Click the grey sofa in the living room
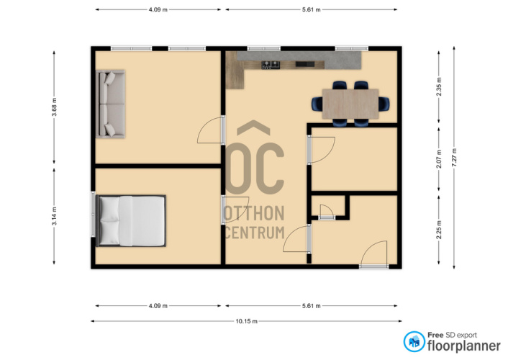[110, 104]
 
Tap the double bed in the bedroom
[131, 221]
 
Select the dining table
[350, 104]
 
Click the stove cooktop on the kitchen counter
[271, 65]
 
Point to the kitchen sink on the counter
[305, 64]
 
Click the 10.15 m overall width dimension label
[247, 321]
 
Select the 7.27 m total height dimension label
[454, 158]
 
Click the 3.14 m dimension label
[55, 216]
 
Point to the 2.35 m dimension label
[439, 86]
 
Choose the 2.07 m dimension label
[439, 159]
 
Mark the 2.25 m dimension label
[439, 230]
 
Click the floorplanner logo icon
[414, 341]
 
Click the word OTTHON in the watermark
[254, 213]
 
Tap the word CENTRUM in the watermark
[255, 233]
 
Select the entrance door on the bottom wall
[374, 255]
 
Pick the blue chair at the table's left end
[317, 104]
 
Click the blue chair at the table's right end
[384, 104]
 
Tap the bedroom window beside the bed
[94, 214]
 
